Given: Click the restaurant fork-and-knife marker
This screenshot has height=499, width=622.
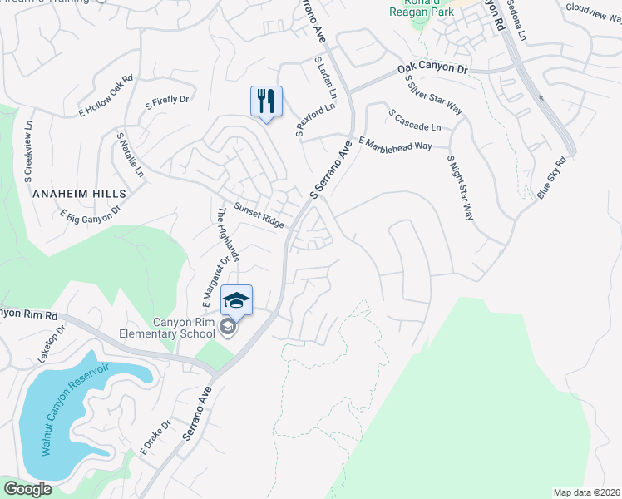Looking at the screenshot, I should (266, 101).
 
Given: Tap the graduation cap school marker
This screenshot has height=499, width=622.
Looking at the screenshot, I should (236, 300).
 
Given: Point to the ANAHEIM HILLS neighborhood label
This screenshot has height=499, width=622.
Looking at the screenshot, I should (79, 193).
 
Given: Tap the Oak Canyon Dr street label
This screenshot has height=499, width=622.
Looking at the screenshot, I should (433, 68).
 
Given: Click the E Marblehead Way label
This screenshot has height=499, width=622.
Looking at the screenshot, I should (395, 144).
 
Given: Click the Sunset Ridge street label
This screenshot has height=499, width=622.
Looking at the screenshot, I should (259, 215).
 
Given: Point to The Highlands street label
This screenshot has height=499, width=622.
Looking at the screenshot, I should (228, 235).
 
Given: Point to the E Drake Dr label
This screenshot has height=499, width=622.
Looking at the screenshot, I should (155, 438).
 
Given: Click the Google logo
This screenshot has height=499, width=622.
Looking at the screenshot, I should (27, 489).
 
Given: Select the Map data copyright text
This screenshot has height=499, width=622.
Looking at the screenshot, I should (587, 492).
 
